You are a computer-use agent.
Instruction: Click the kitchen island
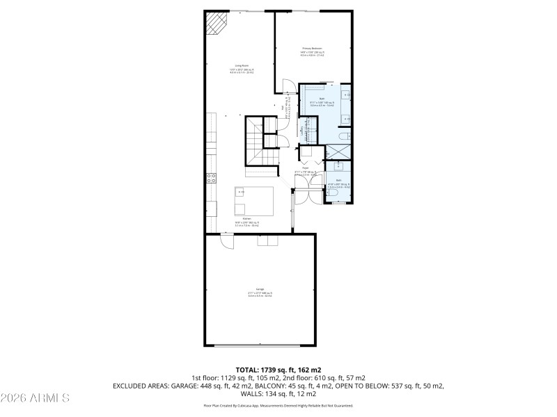click(253, 201)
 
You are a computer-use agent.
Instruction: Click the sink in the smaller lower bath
click(338, 167)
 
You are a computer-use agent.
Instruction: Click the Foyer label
click(305, 167)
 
